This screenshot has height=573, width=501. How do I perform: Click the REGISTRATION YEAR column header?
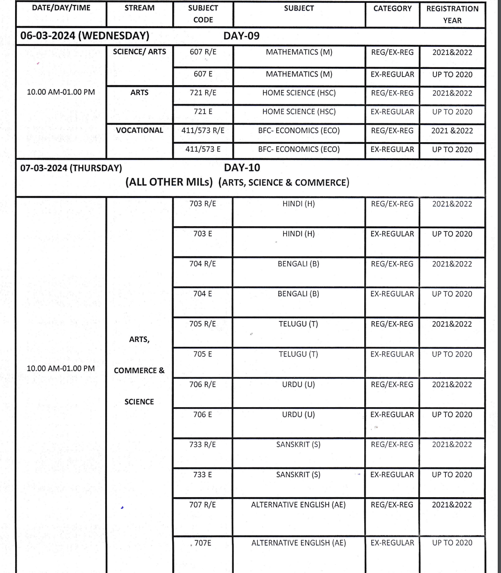point(452,14)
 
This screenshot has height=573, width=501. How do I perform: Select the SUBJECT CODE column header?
point(203,13)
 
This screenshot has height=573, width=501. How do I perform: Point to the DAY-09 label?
point(242,36)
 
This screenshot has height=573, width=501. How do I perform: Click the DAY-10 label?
point(242,167)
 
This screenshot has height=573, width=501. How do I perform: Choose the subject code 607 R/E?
point(203,52)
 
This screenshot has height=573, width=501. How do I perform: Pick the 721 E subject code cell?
point(203,112)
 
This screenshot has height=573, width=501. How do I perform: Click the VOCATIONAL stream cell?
point(140,130)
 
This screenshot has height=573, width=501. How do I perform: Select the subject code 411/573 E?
point(203,149)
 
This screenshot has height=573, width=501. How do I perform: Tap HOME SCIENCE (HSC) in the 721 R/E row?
point(299,93)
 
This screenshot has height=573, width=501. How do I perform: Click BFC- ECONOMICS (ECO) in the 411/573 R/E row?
point(299,130)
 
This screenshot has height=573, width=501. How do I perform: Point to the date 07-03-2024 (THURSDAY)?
point(71,168)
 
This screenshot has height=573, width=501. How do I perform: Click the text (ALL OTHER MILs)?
point(169,182)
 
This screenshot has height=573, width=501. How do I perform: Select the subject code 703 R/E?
point(203,204)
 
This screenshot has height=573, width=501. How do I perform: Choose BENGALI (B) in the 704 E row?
point(298,294)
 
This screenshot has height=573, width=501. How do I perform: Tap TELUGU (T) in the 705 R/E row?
point(298,324)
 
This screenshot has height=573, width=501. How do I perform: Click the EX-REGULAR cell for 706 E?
point(392,414)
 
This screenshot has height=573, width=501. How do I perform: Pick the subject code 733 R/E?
point(203,445)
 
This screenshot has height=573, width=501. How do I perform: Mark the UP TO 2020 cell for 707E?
point(452,543)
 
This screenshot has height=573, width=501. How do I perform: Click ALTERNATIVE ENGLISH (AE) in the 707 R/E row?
point(298,505)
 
